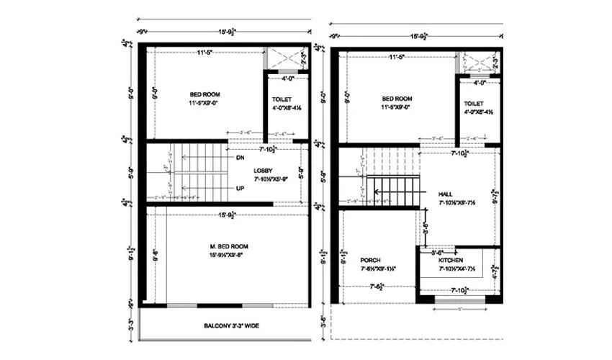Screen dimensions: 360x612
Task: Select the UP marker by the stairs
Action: [x=240, y=187]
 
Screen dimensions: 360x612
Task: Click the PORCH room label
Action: [x=371, y=260]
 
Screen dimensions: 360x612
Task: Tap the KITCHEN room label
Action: [x=451, y=260]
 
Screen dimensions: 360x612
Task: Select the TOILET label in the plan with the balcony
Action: [x=282, y=99]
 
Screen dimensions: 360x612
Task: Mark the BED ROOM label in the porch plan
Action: [x=397, y=99]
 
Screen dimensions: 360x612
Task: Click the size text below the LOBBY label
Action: [x=269, y=177]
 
